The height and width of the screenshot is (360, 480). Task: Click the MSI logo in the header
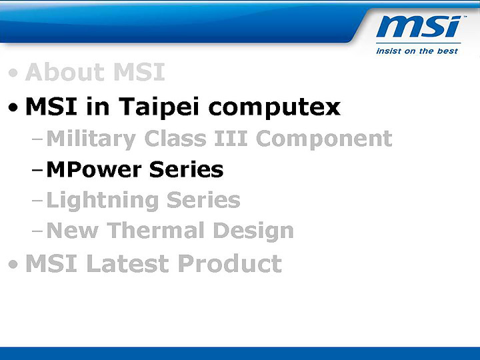point(418,27)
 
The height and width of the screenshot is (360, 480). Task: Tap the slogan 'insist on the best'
point(417,51)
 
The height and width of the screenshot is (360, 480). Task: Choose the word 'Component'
point(324,139)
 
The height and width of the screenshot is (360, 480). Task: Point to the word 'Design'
point(253,231)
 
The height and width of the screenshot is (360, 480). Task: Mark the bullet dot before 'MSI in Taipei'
point(14,107)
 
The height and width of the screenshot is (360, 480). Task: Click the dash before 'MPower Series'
point(37,171)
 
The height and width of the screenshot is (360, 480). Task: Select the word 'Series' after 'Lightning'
point(203,200)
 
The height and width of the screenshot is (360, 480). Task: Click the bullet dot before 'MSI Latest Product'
point(14,265)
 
